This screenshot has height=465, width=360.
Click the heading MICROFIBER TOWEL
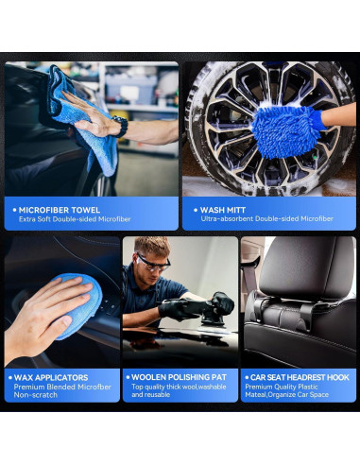(59, 208)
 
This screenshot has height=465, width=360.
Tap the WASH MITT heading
(225, 208)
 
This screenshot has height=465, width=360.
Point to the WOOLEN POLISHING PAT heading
(180, 377)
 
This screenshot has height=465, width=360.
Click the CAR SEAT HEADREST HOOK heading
(299, 377)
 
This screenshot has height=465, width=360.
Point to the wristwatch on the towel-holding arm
(120, 126)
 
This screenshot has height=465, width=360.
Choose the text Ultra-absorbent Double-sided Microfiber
(266, 219)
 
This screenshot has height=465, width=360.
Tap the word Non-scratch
(35, 395)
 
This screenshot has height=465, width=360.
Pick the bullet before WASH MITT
(194, 209)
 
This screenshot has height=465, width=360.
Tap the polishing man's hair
(152, 247)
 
